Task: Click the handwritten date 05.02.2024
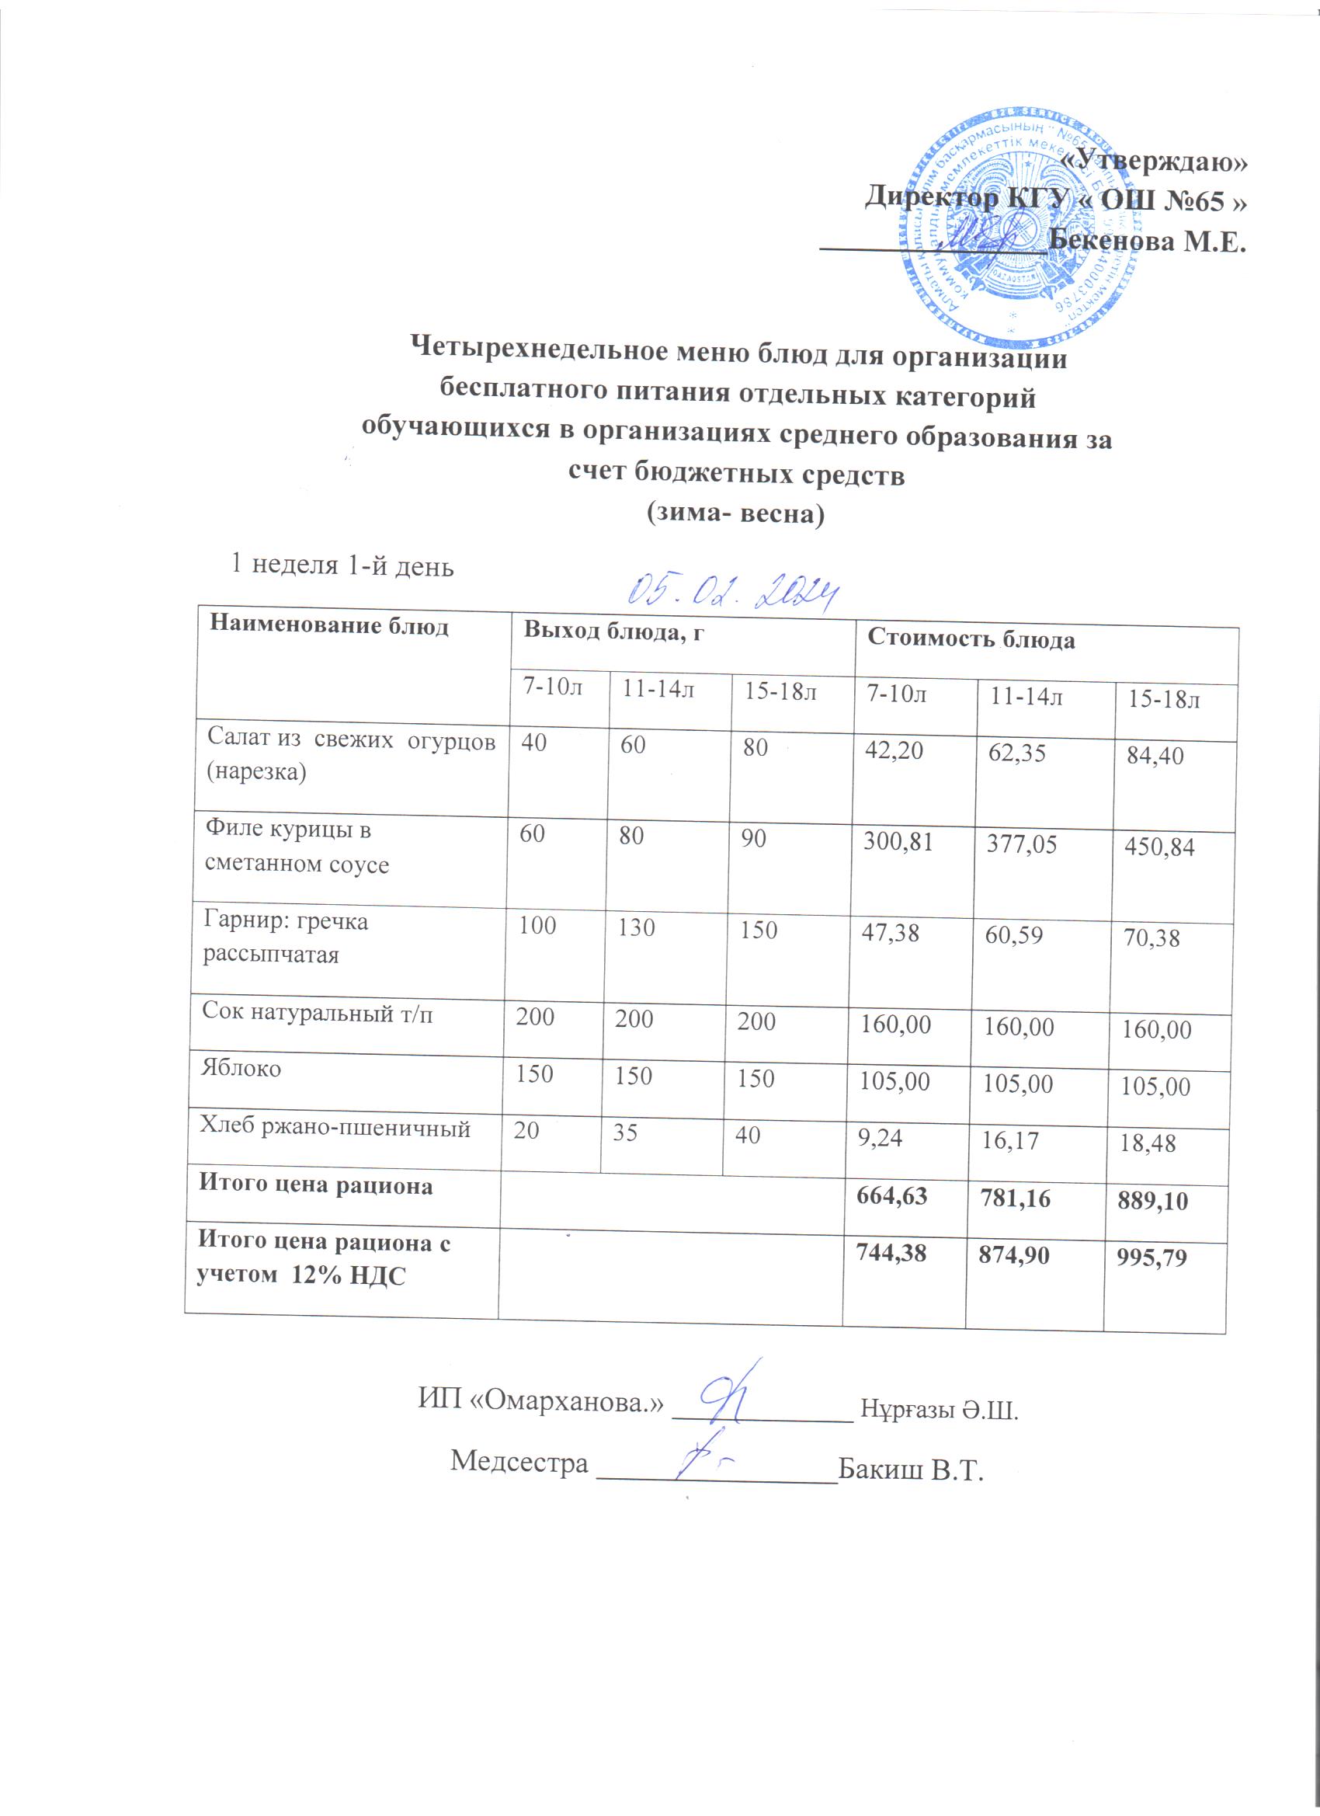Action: [732, 593]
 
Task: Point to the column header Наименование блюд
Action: [328, 627]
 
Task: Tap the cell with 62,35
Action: [1017, 753]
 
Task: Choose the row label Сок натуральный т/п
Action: [317, 1013]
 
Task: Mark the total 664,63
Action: [891, 1196]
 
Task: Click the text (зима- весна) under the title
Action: [735, 513]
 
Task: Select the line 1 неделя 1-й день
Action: [342, 565]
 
